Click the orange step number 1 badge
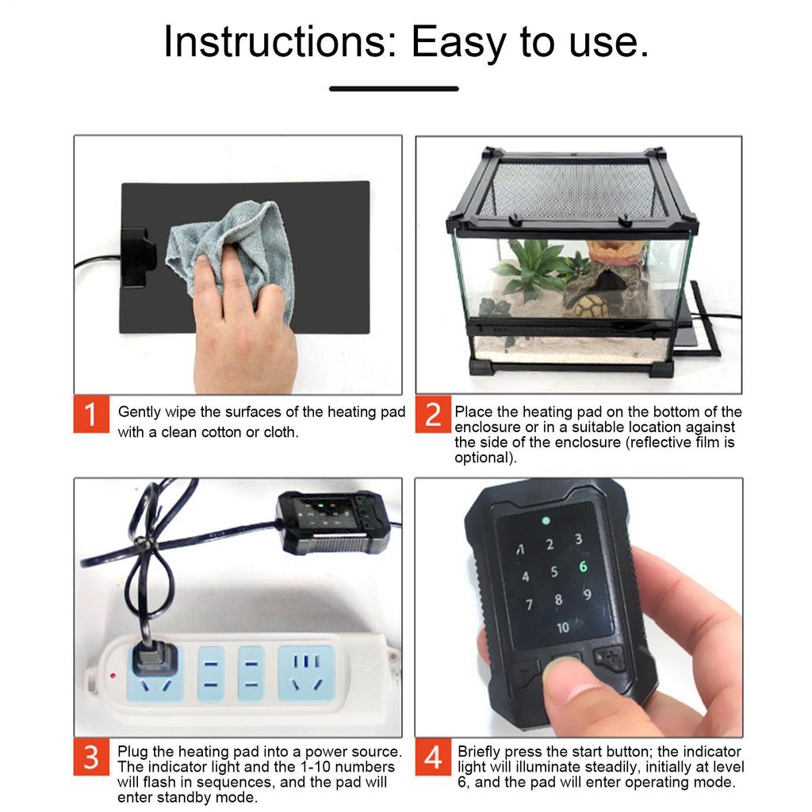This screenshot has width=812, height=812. (91, 414)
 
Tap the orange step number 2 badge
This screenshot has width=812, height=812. (433, 414)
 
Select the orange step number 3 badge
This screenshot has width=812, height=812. (91, 756)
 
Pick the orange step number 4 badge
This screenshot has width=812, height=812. (433, 756)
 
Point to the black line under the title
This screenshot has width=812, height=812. (394, 89)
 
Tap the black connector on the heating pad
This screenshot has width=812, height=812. (138, 258)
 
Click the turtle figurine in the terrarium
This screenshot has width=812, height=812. (592, 307)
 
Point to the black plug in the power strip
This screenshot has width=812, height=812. (155, 658)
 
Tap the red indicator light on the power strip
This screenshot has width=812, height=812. (113, 676)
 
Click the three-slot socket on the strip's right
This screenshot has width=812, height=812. (307, 672)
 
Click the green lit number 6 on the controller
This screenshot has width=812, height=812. (583, 566)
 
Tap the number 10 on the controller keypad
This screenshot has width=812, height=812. (563, 628)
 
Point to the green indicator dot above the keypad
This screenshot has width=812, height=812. (546, 520)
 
